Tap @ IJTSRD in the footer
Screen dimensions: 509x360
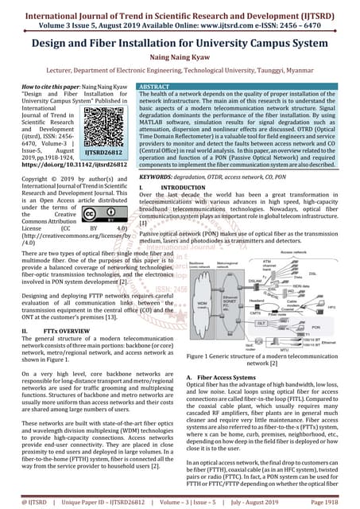coord(25,501)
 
